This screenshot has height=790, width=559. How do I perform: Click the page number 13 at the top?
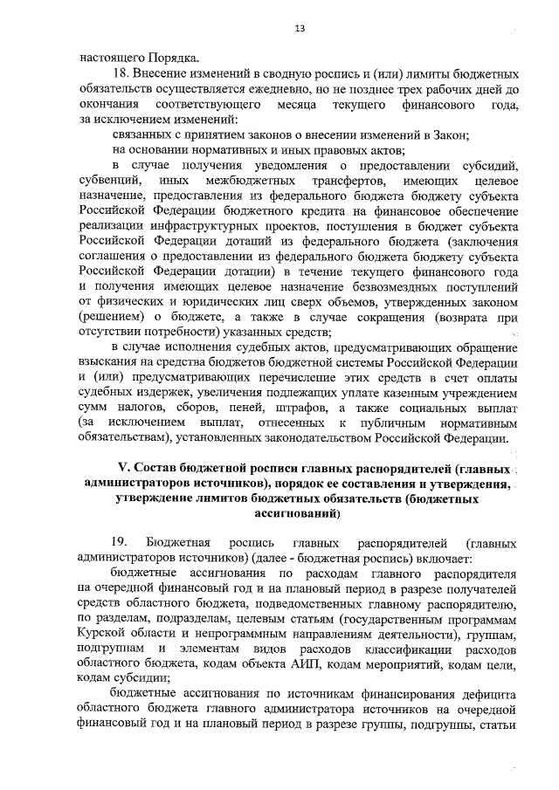(299, 29)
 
